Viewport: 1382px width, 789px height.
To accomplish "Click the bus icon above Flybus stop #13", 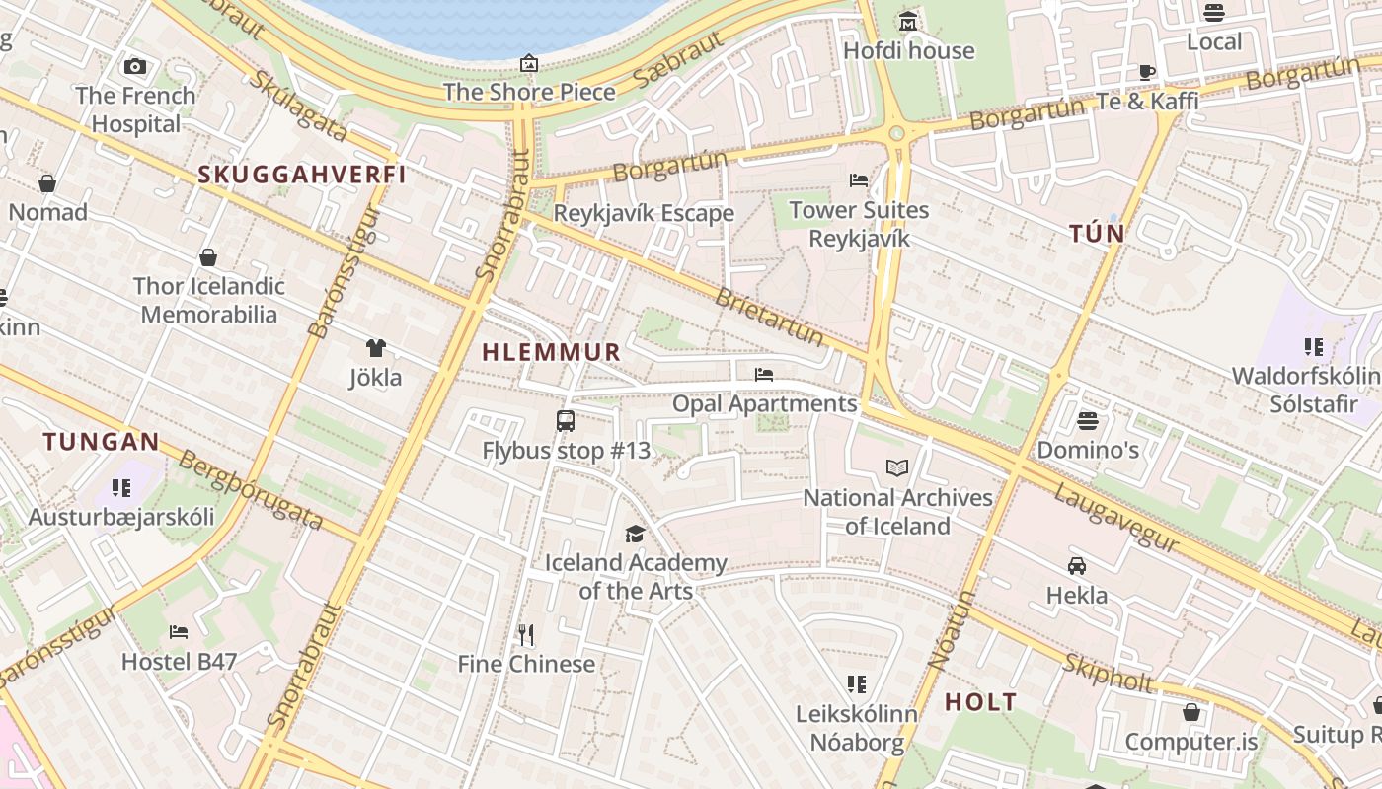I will pos(566,421).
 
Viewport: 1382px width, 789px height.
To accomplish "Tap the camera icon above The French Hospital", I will pos(135,67).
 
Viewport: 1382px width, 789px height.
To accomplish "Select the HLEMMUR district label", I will pos(551,352).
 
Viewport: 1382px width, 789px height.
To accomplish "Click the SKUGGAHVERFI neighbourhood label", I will pos(302,175).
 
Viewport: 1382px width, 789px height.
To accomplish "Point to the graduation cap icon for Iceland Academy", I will pos(635,534).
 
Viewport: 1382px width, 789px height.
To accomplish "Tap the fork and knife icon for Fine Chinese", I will pos(526,634).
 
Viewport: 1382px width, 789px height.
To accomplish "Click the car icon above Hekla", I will pos(1077,566).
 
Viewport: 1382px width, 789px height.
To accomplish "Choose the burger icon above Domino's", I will pos(1088,421).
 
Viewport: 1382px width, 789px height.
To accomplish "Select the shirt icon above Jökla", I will pos(375,347).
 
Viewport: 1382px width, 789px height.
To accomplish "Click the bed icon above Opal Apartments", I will pos(763,374).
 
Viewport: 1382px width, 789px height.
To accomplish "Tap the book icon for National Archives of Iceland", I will pos(896,467).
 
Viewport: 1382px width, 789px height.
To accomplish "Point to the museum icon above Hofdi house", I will pos(908,21).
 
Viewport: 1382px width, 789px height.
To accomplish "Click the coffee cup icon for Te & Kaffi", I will pos(1147,72).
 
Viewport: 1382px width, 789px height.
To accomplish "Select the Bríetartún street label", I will pos(769,317).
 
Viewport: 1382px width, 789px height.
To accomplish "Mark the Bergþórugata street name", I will pos(251,491).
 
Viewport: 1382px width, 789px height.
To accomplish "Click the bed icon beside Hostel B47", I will pos(179,631).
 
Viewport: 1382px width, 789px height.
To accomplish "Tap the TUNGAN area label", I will pos(101,442).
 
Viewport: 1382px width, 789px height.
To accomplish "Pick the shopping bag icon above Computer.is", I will pos(1191,712).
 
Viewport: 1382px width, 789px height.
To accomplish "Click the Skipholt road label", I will pos(1108,675).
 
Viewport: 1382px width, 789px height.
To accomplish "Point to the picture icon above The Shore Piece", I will pos(529,63).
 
